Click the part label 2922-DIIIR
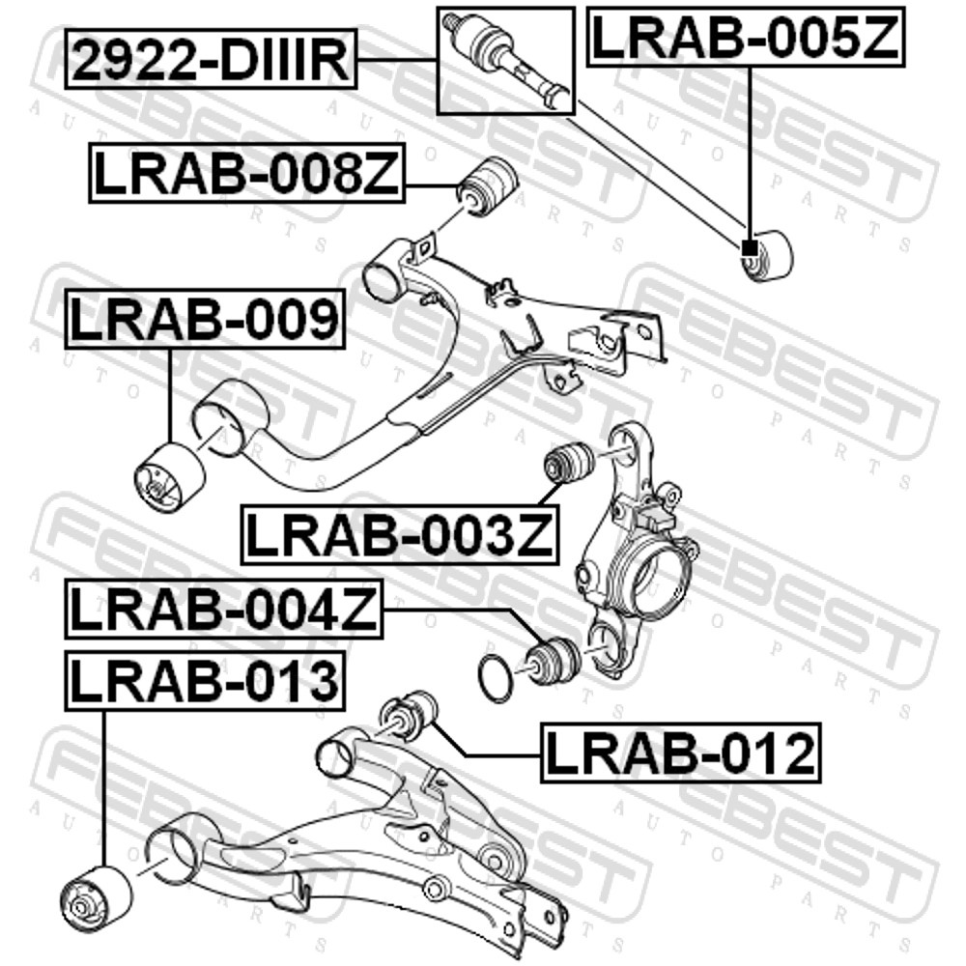tap(211, 59)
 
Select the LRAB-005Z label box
tap(746, 37)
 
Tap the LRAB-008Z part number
tap(247, 173)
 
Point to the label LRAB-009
tap(205, 319)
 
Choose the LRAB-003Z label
tap(400, 534)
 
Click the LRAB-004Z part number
tap(224, 609)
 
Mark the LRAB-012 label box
tap(681, 753)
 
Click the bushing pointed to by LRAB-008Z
tap(490, 187)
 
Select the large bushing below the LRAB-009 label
tap(169, 476)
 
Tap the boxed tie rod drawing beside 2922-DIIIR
tap(506, 60)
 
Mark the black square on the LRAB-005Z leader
tap(750, 247)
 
